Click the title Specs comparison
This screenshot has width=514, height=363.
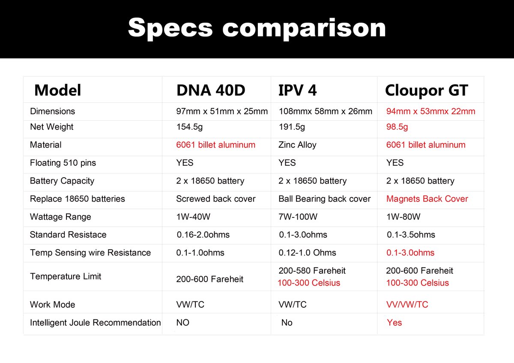(257, 28)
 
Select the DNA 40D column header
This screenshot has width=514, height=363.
(211, 90)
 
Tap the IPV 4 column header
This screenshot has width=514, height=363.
(297, 90)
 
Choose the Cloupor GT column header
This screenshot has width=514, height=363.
(426, 90)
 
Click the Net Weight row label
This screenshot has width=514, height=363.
(51, 127)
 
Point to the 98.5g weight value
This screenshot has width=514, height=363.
(397, 127)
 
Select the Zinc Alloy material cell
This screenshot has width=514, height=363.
(297, 145)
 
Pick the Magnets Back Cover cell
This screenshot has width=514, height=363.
(427, 199)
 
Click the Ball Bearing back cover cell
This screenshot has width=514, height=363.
(324, 199)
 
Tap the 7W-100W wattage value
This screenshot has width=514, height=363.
(298, 217)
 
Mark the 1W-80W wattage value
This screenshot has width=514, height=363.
(403, 217)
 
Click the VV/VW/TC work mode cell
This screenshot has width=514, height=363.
(407, 304)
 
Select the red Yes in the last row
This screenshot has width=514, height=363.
(394, 322)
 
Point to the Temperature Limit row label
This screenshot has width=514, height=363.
(66, 276)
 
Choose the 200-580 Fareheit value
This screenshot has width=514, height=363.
(312, 271)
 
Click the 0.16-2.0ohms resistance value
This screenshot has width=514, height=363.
(203, 235)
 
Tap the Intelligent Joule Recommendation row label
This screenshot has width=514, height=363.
(95, 322)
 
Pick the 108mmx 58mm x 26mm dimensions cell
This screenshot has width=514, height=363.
(325, 111)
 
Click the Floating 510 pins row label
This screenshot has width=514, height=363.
(63, 163)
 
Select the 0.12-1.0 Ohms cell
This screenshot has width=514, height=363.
(307, 253)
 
